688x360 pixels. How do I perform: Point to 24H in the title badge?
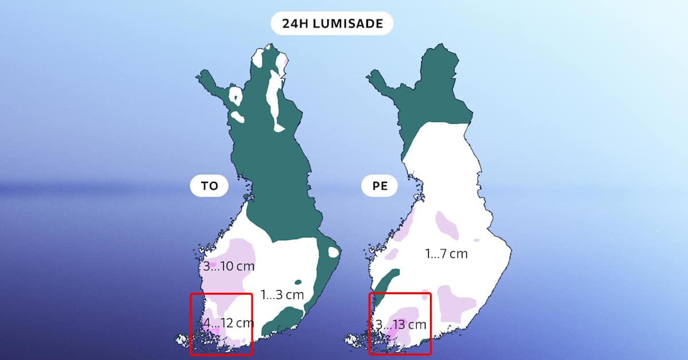(x=295, y=24)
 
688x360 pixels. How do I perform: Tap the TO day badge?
(x=209, y=187)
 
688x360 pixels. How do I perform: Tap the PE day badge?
(x=380, y=187)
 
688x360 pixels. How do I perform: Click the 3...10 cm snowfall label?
(x=229, y=267)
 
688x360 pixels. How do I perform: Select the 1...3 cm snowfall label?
(x=282, y=295)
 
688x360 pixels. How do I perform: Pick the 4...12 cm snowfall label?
(x=229, y=323)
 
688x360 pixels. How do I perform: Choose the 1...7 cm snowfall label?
(x=447, y=253)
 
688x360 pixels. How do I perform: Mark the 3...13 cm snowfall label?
(x=401, y=324)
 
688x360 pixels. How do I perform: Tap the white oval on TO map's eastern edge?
(x=333, y=252)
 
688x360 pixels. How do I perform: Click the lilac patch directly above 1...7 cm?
(x=447, y=225)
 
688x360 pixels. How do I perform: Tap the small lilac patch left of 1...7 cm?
(x=392, y=252)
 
